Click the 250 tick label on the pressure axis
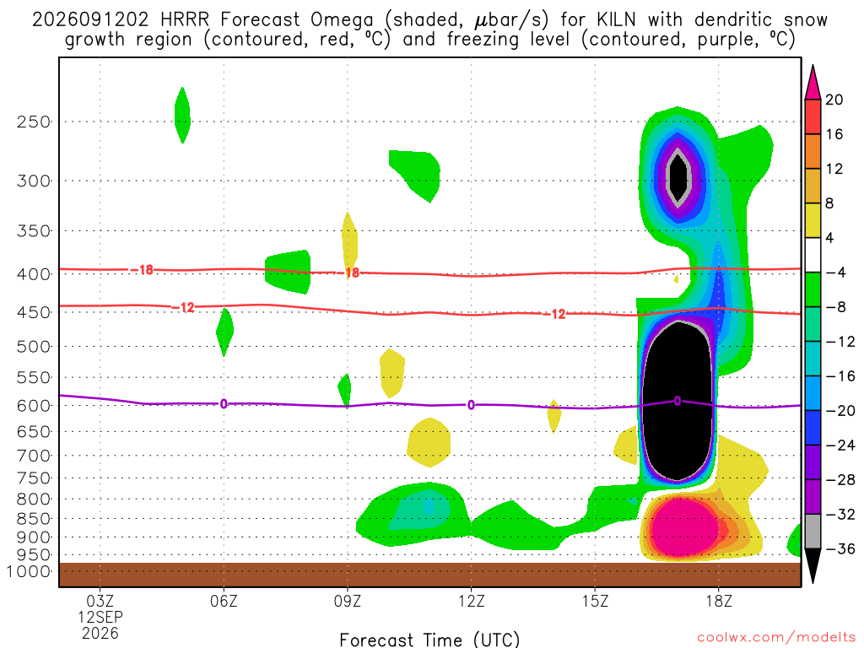click(x=34, y=121)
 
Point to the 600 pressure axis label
click(x=34, y=406)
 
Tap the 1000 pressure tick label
click(x=29, y=571)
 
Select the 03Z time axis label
click(x=100, y=601)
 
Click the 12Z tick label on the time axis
click(x=471, y=601)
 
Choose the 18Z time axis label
click(x=719, y=601)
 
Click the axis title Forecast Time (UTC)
click(x=429, y=640)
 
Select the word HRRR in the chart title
click(x=185, y=20)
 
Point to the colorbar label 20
click(x=834, y=100)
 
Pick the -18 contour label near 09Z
click(x=348, y=273)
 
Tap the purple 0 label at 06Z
click(x=224, y=404)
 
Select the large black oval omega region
click(x=678, y=401)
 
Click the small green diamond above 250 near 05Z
click(x=182, y=115)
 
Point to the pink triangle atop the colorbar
click(x=813, y=82)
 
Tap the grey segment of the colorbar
click(x=813, y=532)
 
